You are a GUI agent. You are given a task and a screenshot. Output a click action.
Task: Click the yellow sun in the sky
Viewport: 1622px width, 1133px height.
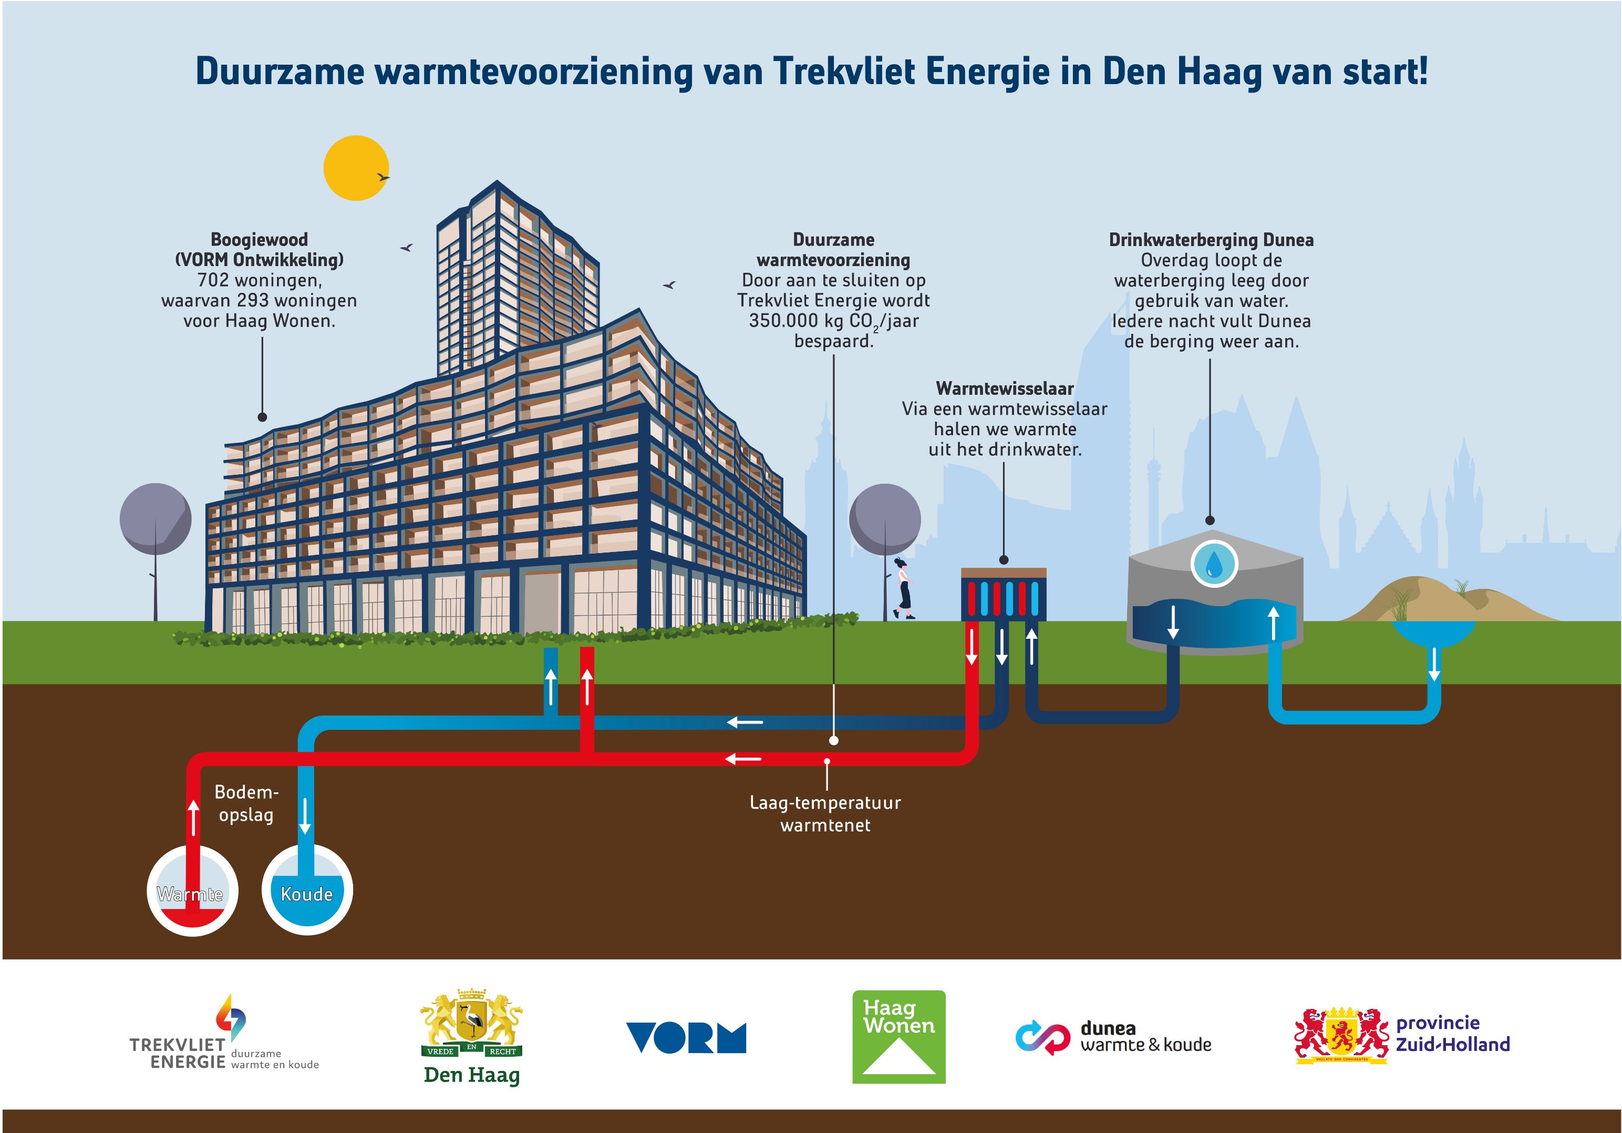pyautogui.click(x=356, y=168)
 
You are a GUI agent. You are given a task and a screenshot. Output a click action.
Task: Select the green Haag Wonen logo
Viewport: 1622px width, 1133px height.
pyautogui.click(x=898, y=1036)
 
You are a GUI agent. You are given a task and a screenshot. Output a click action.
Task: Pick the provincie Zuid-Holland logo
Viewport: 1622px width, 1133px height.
pyautogui.click(x=1402, y=1035)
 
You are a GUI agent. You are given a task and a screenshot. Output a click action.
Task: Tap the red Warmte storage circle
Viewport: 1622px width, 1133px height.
pyautogui.click(x=192, y=891)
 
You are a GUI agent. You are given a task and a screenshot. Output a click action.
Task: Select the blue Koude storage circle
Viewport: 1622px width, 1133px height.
pyautogui.click(x=307, y=891)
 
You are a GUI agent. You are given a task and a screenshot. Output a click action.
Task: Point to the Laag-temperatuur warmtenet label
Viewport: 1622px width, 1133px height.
pyautogui.click(x=825, y=813)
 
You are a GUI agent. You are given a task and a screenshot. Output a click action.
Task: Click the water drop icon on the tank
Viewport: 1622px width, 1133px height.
pyautogui.click(x=1214, y=563)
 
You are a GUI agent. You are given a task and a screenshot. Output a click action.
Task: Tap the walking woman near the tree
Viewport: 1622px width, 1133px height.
pyautogui.click(x=903, y=589)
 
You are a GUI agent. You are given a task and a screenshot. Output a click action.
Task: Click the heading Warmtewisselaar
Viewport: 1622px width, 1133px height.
pyautogui.click(x=1005, y=388)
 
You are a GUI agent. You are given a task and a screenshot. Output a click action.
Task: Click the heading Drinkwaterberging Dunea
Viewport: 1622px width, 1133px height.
pyautogui.click(x=1211, y=240)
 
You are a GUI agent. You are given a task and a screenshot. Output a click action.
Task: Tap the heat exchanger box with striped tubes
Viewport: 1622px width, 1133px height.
pyautogui.click(x=1003, y=595)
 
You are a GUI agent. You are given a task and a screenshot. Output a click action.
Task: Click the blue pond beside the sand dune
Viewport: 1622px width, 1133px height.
pyautogui.click(x=1433, y=631)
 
